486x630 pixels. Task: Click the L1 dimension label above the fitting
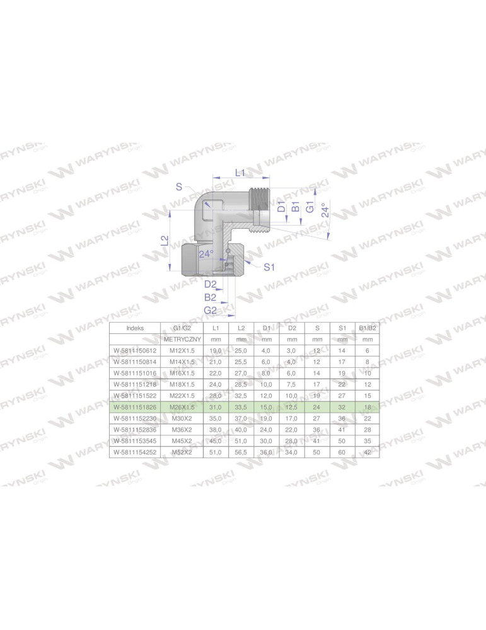(x=240, y=173)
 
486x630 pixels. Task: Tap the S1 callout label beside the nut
(x=269, y=267)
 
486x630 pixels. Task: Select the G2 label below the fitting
(x=211, y=310)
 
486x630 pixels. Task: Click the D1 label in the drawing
(x=282, y=205)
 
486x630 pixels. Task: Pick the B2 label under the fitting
(x=210, y=297)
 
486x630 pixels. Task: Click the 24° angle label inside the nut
(x=206, y=254)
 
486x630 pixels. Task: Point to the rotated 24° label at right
(x=325, y=210)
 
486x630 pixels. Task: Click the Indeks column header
(x=135, y=328)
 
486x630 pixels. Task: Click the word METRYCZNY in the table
(x=182, y=339)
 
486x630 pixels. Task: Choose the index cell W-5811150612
(x=135, y=350)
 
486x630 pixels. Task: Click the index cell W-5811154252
(x=135, y=452)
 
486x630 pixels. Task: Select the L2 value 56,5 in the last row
(x=241, y=452)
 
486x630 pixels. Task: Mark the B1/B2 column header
(x=368, y=328)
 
